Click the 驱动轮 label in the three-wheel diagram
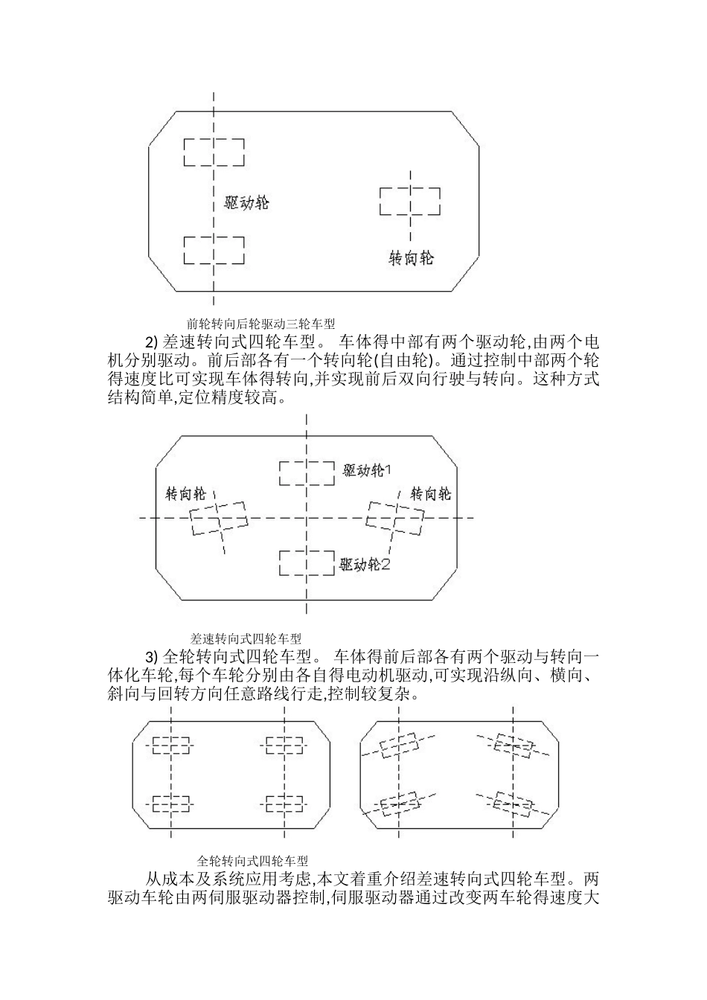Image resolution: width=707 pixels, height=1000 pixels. pyautogui.click(x=246, y=202)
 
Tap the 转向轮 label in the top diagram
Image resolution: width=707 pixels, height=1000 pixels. pyautogui.click(x=412, y=258)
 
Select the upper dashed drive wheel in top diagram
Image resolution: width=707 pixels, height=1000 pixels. pyautogui.click(x=214, y=152)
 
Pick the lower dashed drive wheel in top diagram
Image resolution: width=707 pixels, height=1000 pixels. pyautogui.click(x=214, y=249)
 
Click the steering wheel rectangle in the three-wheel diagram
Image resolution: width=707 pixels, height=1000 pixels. pyautogui.click(x=409, y=201)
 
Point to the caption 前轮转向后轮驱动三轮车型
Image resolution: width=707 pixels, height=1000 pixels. pyautogui.click(x=261, y=324)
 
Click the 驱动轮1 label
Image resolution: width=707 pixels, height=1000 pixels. pyautogui.click(x=367, y=470)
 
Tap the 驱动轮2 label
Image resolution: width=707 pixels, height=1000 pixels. pyautogui.click(x=365, y=565)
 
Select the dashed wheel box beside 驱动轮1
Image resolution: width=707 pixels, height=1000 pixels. pyautogui.click(x=306, y=473)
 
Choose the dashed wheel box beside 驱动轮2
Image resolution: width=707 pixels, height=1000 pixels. pyautogui.click(x=306, y=562)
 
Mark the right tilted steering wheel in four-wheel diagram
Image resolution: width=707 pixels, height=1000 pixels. pyautogui.click(x=395, y=516)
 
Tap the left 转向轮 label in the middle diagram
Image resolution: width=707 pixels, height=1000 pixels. pyautogui.click(x=185, y=494)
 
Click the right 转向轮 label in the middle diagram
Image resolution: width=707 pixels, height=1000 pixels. pyautogui.click(x=431, y=493)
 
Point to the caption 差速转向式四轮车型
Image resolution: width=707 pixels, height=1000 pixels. pyautogui.click(x=246, y=638)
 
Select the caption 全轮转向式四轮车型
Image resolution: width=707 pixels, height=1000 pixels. pyautogui.click(x=253, y=860)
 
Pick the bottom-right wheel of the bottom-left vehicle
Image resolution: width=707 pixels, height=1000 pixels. pyautogui.click(x=284, y=804)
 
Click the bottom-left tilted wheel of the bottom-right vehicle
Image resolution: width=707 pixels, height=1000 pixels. pyautogui.click(x=400, y=804)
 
